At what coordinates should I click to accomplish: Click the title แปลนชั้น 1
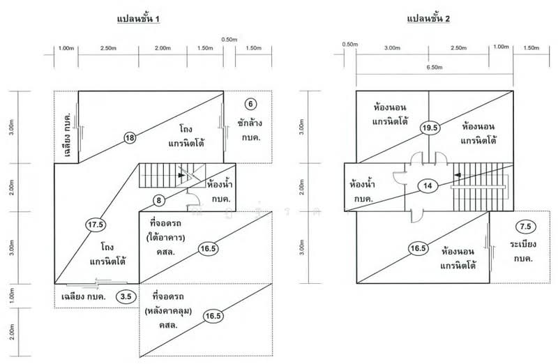139,19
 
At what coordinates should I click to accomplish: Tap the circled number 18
130,137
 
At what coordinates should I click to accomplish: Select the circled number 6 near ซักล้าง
251,104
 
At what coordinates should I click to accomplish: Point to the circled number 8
159,201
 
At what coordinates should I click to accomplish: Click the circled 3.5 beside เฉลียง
126,296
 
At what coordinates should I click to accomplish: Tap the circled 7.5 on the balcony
527,227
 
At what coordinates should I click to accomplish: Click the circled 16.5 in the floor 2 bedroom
418,248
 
